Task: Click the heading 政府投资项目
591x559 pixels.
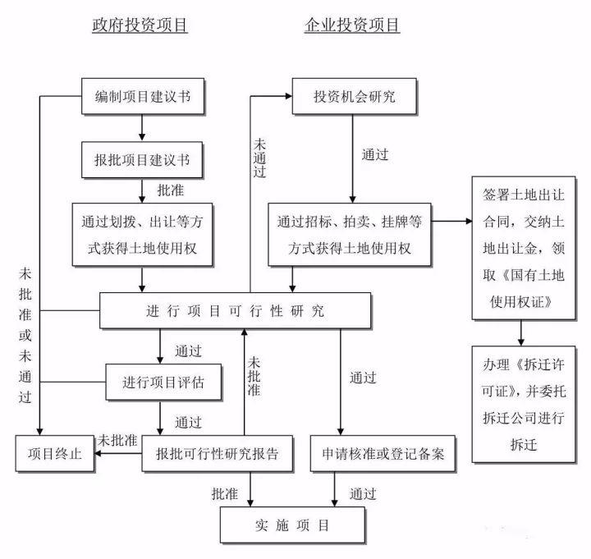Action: click(x=140, y=25)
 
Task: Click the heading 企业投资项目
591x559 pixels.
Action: click(x=352, y=25)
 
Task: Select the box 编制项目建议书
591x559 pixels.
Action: click(x=143, y=97)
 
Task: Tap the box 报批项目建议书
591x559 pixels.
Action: click(x=143, y=159)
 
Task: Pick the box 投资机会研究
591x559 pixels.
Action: click(x=354, y=97)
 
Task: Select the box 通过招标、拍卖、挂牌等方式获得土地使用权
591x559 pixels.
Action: click(x=350, y=235)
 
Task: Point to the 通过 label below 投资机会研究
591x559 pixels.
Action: click(x=375, y=153)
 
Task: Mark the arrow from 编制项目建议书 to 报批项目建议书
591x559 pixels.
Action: click(x=143, y=127)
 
